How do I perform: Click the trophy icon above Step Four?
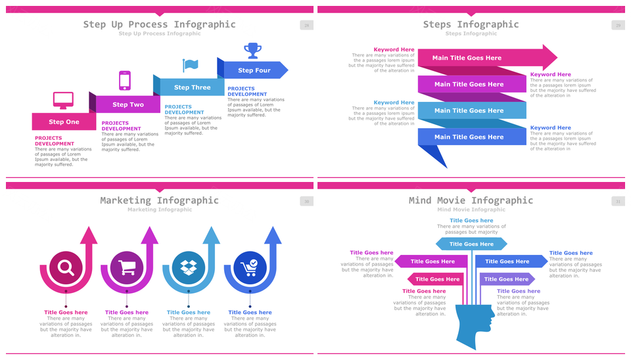click(x=252, y=51)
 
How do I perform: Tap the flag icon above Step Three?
click(x=190, y=65)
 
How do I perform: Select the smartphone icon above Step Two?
click(x=124, y=80)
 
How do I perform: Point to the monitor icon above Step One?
click(x=63, y=101)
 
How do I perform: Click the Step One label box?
click(x=64, y=122)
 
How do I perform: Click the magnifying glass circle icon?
click(x=66, y=267)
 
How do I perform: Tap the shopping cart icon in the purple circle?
click(x=127, y=267)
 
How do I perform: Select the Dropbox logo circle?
click(x=188, y=267)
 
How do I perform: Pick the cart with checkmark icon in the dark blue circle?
click(x=249, y=267)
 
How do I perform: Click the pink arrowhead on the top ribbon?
click(x=549, y=58)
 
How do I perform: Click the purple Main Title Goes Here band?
click(x=469, y=84)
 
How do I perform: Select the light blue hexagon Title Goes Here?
click(x=471, y=244)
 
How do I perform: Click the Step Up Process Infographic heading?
click(x=159, y=24)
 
